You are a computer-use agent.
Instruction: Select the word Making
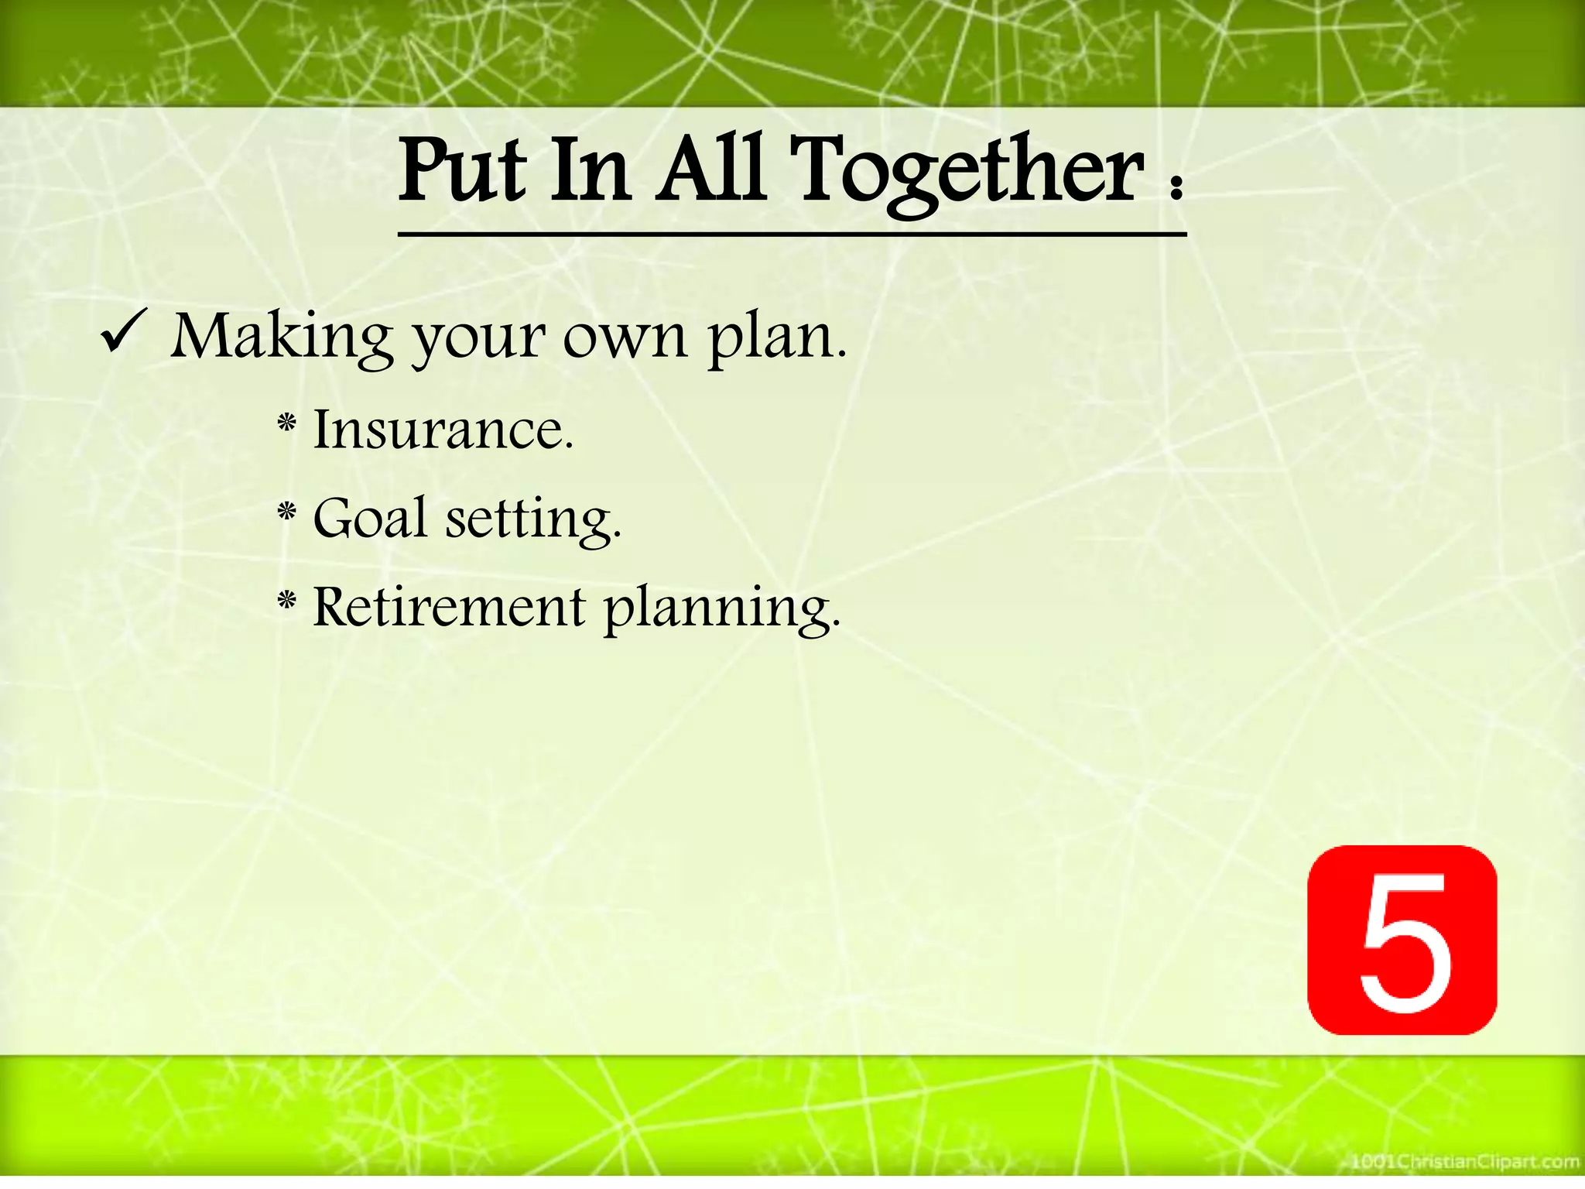pyautogui.click(x=282, y=339)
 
